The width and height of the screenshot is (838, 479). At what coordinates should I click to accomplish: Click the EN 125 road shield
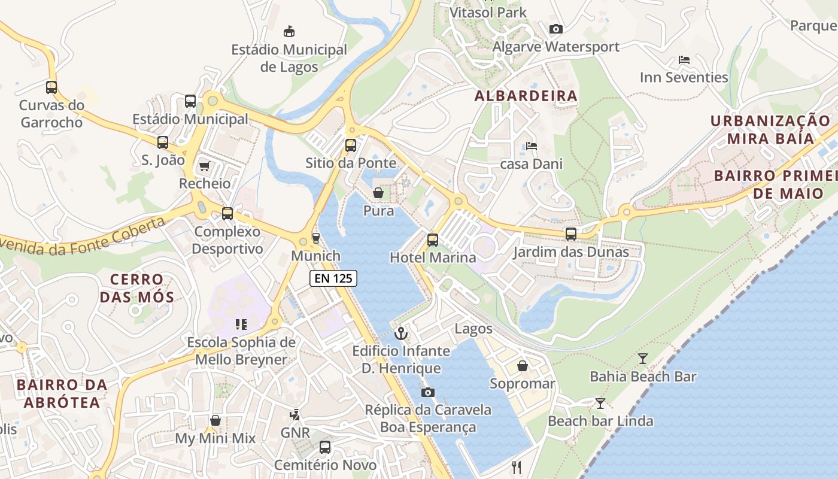333,278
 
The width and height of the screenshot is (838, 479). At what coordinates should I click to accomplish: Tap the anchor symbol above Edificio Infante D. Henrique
401,334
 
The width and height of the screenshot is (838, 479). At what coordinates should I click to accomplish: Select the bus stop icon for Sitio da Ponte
351,145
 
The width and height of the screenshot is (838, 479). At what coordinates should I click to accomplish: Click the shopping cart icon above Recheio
205,166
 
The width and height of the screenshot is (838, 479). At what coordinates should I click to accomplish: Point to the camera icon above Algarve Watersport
556,29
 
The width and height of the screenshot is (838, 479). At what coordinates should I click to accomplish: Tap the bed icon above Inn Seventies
684,60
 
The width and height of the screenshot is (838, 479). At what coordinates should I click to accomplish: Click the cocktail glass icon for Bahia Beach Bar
643,359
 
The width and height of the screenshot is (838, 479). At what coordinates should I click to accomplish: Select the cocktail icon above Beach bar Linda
600,404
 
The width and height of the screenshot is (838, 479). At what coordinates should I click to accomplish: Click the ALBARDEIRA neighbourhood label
526,96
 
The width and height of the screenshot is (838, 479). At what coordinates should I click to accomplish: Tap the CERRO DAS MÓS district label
137,288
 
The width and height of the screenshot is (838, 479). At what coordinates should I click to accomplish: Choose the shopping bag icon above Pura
378,193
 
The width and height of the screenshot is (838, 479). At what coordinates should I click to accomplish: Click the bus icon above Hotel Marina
433,240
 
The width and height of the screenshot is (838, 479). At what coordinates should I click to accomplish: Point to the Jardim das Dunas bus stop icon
571,234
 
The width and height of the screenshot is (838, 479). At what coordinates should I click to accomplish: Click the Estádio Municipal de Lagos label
289,58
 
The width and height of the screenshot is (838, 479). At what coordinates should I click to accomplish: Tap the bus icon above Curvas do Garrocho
51,87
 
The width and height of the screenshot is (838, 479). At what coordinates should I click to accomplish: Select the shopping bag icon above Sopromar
523,366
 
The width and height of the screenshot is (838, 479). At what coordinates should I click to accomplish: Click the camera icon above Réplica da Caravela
428,392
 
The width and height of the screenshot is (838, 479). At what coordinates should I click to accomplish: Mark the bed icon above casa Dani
531,146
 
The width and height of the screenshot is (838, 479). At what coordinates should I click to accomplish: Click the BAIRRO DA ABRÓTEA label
62,393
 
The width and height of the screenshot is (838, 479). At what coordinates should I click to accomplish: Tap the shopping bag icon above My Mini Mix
215,420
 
